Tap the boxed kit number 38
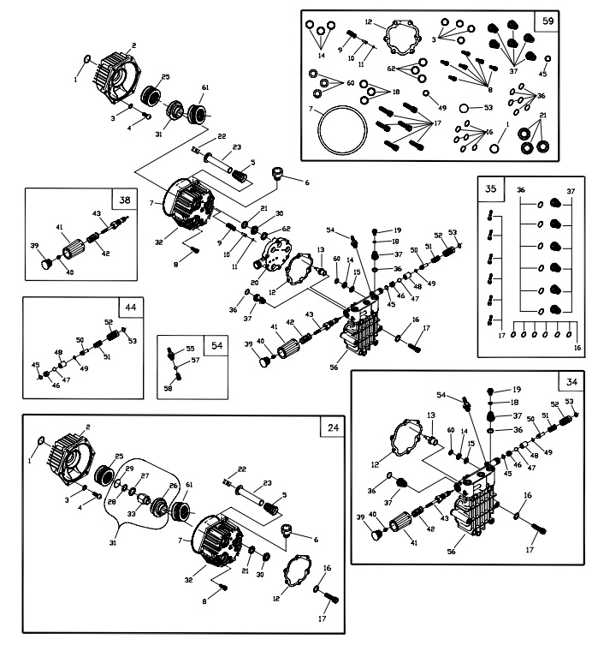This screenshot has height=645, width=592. [x=125, y=200]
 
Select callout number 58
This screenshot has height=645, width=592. [x=169, y=388]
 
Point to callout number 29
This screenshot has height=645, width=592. [x=130, y=469]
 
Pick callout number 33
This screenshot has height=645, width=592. [x=131, y=513]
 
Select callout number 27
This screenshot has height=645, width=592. [x=145, y=475]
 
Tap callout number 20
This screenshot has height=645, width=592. [x=253, y=283]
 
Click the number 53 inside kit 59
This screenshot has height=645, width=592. [x=488, y=108]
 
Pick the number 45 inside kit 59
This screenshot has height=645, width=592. [x=542, y=74]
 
